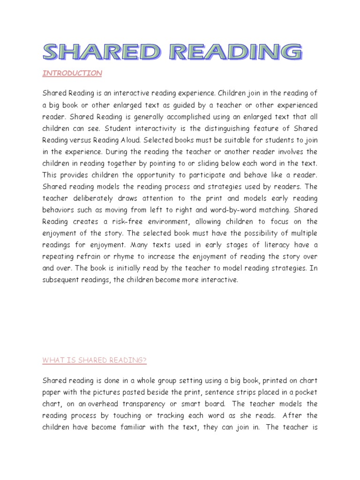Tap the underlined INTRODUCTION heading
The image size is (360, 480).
tap(72, 73)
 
